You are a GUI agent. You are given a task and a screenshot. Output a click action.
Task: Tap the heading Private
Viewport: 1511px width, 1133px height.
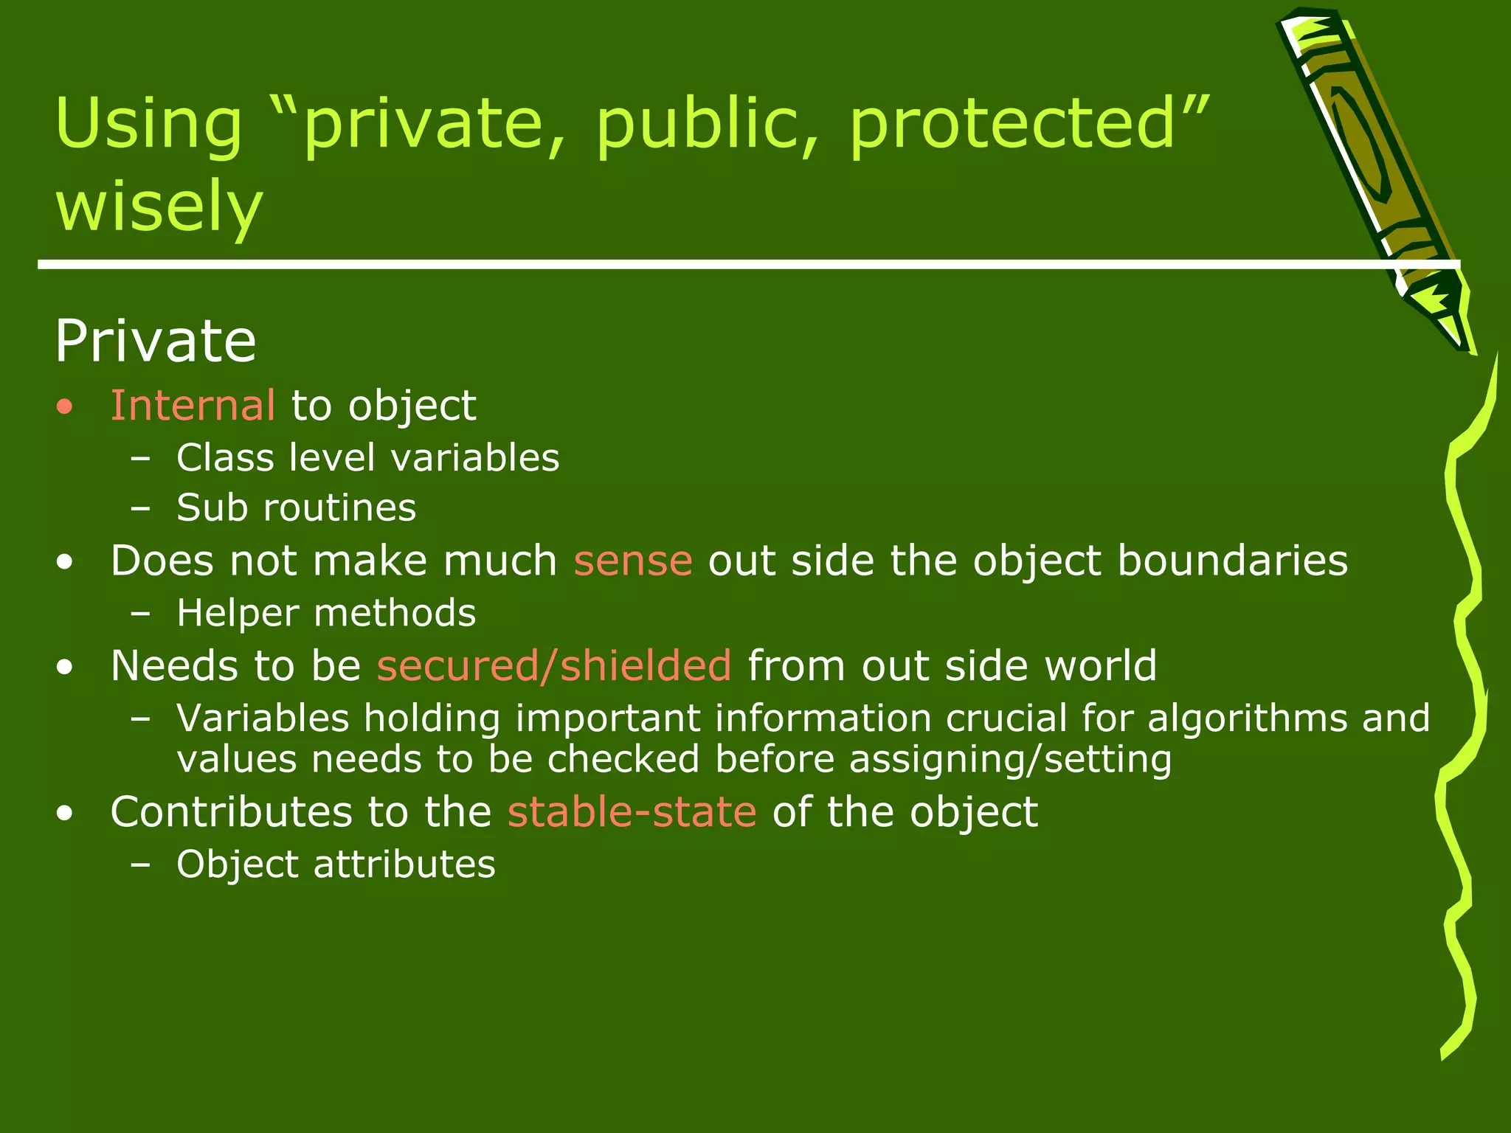coord(156,341)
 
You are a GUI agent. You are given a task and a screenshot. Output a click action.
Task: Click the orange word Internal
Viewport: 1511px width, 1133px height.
coord(193,406)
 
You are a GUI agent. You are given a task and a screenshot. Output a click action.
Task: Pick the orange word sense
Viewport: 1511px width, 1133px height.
coord(633,561)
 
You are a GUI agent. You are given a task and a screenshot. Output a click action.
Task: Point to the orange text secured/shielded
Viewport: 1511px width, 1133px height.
coord(554,666)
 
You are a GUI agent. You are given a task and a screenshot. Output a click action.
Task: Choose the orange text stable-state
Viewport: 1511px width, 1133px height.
coord(632,812)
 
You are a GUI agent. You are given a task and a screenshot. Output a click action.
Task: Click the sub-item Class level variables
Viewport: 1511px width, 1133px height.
coord(368,457)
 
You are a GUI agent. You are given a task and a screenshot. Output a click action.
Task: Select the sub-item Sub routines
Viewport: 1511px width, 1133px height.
coord(297,508)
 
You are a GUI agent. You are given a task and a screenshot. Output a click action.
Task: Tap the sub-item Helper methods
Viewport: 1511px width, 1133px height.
coord(326,613)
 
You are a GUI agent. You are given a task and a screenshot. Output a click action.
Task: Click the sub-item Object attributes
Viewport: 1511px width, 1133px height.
coord(336,865)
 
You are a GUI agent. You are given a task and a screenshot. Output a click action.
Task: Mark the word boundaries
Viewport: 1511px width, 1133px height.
coord(1233,561)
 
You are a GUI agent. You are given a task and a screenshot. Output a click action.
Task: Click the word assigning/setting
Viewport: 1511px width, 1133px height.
coord(1010,760)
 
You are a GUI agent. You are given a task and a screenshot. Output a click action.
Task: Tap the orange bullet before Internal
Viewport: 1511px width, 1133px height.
coord(66,407)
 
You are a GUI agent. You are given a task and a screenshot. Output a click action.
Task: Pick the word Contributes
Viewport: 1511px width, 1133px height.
coord(231,812)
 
